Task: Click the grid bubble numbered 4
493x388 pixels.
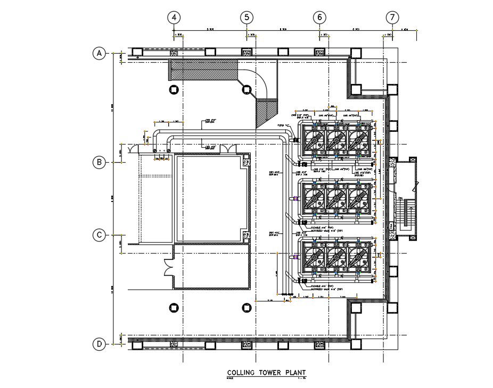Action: coord(174,18)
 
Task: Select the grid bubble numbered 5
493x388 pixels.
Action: coord(246,18)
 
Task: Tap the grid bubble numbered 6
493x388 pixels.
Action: coord(319,18)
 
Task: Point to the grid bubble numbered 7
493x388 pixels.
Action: coord(392,18)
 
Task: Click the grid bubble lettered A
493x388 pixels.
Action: coord(98,53)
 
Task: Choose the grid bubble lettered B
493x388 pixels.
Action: coord(98,163)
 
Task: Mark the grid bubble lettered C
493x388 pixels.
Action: coord(98,235)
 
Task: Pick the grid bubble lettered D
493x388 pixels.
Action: coord(98,344)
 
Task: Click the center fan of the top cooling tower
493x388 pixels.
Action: coord(336,140)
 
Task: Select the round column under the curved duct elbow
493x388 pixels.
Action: coord(246,90)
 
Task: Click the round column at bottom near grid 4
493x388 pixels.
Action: coord(174,307)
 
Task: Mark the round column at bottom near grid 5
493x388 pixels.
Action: coord(246,307)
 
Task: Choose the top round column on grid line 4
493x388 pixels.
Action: coord(174,90)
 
